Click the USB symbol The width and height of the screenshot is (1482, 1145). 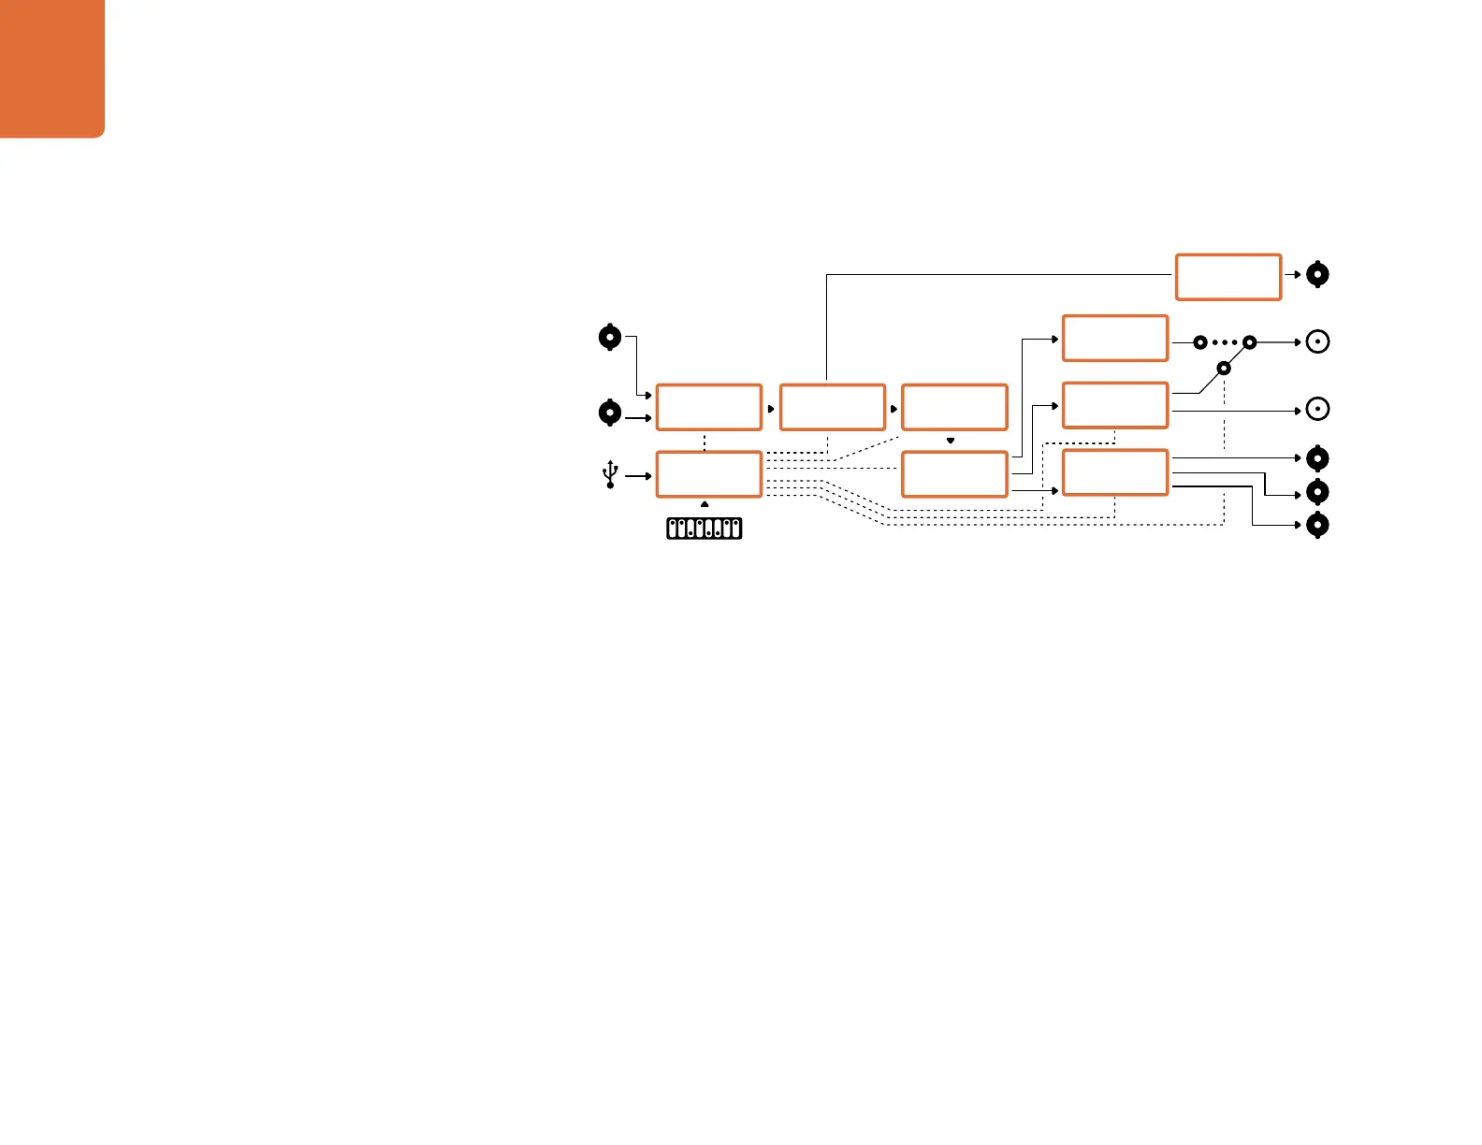(x=610, y=474)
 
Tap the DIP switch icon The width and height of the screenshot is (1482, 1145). (x=705, y=529)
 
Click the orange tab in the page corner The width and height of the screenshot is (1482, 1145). (x=51, y=67)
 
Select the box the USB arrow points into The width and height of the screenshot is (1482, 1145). (x=708, y=474)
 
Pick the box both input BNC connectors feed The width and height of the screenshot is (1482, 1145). (x=708, y=407)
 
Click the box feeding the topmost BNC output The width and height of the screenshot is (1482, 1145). (x=1228, y=276)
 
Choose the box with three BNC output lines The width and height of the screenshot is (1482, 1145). (x=1115, y=472)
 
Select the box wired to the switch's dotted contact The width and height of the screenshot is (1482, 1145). (x=1115, y=338)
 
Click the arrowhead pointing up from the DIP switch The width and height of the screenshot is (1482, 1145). (x=705, y=505)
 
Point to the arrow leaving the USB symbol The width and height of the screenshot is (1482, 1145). (x=638, y=476)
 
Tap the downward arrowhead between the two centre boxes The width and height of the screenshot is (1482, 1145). (x=951, y=440)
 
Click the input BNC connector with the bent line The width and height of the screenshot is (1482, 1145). (x=610, y=337)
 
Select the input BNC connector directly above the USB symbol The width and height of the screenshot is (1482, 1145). (x=610, y=413)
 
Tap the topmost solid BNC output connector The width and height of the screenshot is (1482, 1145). (x=1317, y=275)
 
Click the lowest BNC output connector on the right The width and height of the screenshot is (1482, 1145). (x=1317, y=525)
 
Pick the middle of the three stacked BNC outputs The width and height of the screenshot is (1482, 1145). (x=1317, y=492)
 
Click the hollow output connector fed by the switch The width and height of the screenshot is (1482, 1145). (x=1317, y=342)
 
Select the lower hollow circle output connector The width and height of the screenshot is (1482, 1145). (x=1317, y=410)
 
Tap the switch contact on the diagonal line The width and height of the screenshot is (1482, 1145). (x=1223, y=369)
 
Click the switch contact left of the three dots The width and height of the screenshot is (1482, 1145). (x=1200, y=343)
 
